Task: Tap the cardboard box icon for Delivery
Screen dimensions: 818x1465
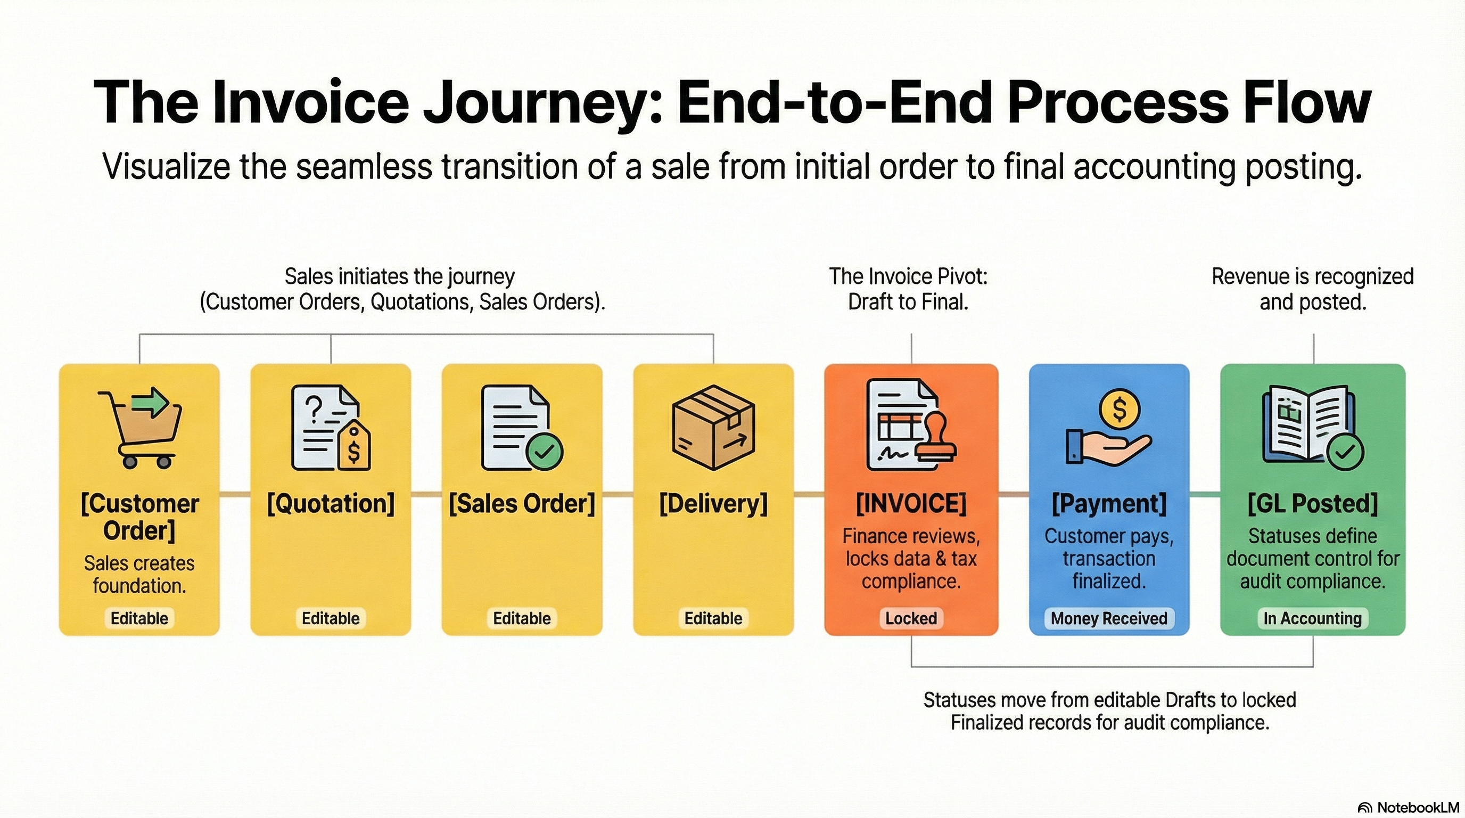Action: pos(713,428)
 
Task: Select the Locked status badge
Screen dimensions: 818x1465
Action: pos(911,618)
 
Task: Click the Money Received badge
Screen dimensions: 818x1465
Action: pos(1108,618)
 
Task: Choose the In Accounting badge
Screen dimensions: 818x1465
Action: pos(1313,618)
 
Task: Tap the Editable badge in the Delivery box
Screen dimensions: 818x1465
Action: pos(713,618)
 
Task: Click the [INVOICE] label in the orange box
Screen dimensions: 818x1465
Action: pos(911,503)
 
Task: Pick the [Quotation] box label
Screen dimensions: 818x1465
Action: pos(331,503)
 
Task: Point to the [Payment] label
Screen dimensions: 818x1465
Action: pos(1108,503)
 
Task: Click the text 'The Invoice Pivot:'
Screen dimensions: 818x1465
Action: pos(908,276)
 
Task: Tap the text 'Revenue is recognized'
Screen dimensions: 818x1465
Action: pos(1313,276)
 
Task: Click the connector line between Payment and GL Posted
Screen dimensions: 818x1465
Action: pos(1205,494)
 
